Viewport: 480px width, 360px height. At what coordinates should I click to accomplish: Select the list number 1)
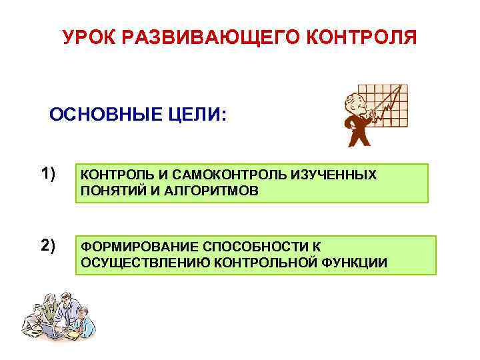pyautogui.click(x=47, y=175)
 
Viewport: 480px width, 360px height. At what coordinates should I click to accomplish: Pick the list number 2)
pyautogui.click(x=47, y=246)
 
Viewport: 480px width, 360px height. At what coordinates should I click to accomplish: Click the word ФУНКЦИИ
pyautogui.click(x=355, y=263)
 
